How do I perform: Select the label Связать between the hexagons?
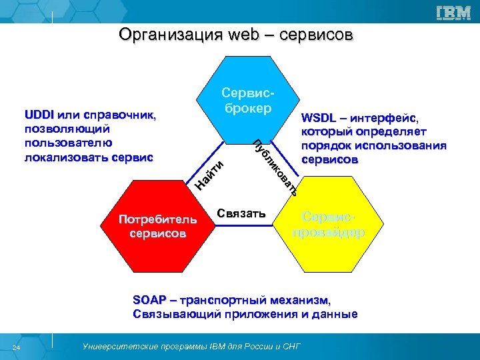click(241, 214)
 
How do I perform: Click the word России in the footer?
click(251, 347)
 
